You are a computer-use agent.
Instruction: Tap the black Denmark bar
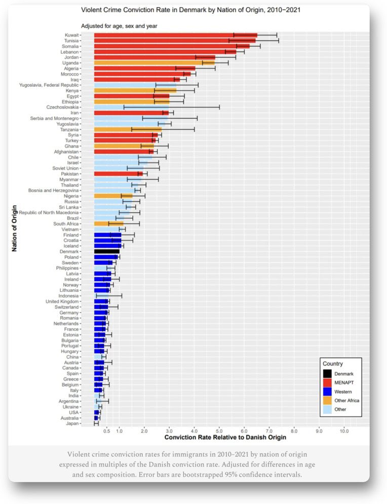pyautogui.click(x=107, y=251)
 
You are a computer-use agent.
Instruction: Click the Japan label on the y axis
pyautogui.click(x=71, y=423)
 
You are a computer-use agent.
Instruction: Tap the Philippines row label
pyautogui.click(x=65, y=268)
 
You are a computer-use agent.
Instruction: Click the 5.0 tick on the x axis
pyautogui.click(x=219, y=431)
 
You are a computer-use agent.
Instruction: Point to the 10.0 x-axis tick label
pyautogui.click(x=344, y=431)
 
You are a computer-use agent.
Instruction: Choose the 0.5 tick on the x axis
pyautogui.click(x=106, y=431)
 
